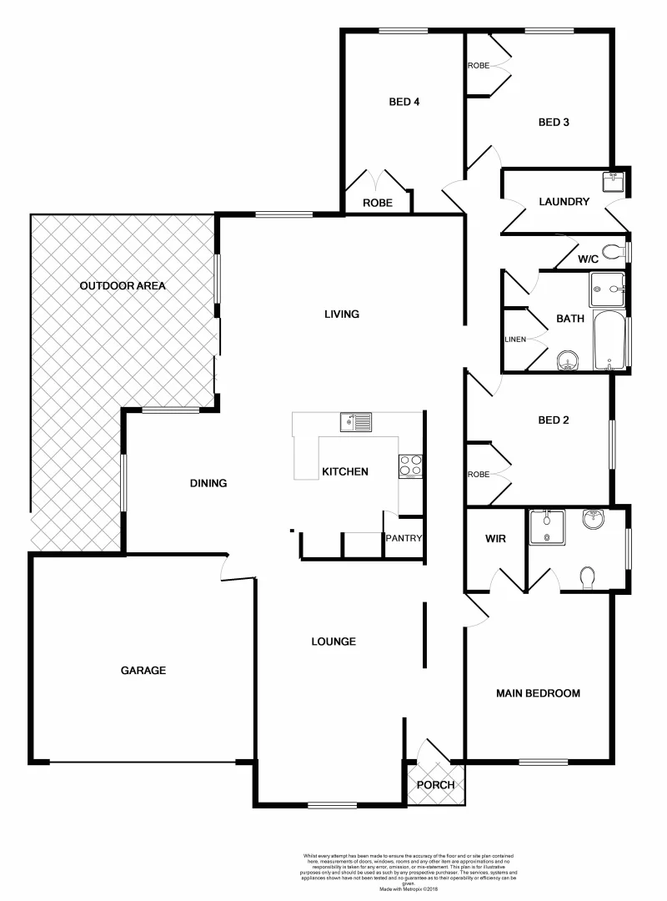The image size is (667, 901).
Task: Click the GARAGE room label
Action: pyautogui.click(x=143, y=670)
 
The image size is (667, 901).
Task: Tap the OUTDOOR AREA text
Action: pyautogui.click(x=123, y=285)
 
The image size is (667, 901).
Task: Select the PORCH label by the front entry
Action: pyautogui.click(x=435, y=785)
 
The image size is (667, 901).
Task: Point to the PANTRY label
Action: pyautogui.click(x=404, y=538)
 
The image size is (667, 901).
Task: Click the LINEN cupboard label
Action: pyautogui.click(x=515, y=340)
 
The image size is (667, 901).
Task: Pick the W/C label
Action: pyautogui.click(x=589, y=259)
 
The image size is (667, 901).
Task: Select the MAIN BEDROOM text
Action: pyautogui.click(x=538, y=693)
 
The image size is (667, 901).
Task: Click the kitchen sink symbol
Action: pyautogui.click(x=356, y=422)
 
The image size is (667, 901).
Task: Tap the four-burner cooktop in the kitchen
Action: pyautogui.click(x=410, y=465)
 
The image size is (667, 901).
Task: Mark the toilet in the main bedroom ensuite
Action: pyautogui.click(x=588, y=576)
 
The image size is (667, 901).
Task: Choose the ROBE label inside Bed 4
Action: pyautogui.click(x=377, y=203)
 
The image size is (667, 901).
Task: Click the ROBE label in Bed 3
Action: pyautogui.click(x=479, y=65)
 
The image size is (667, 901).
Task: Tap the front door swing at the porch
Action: pyautogui.click(x=433, y=751)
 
